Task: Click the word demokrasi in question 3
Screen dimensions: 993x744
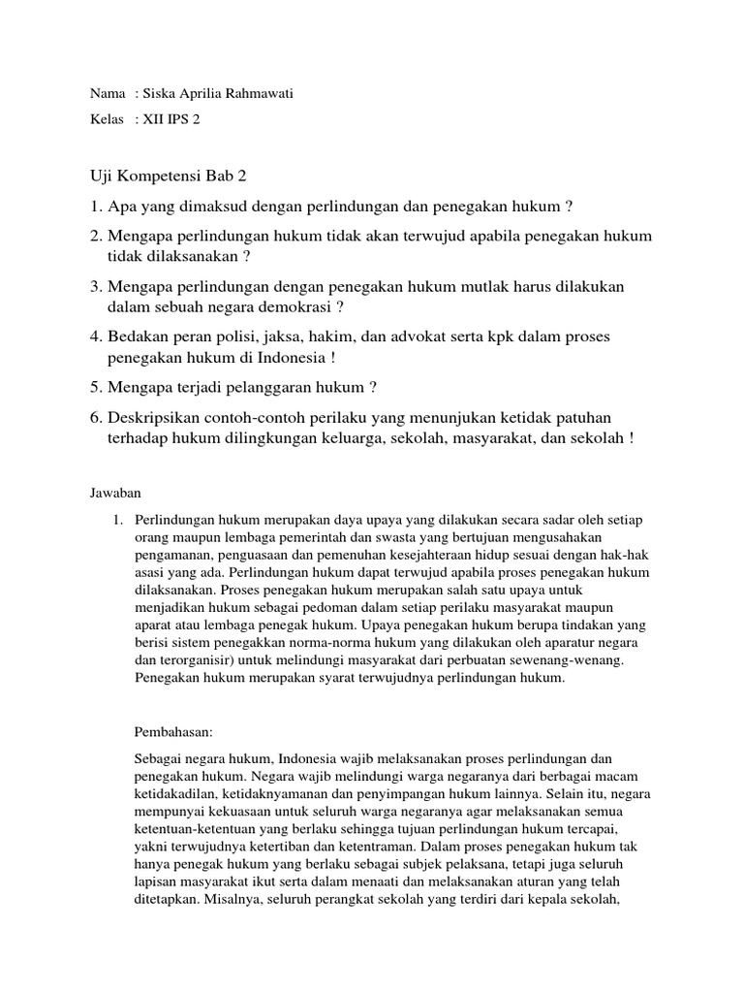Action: coord(295,307)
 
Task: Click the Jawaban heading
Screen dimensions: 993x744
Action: coord(116,494)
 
